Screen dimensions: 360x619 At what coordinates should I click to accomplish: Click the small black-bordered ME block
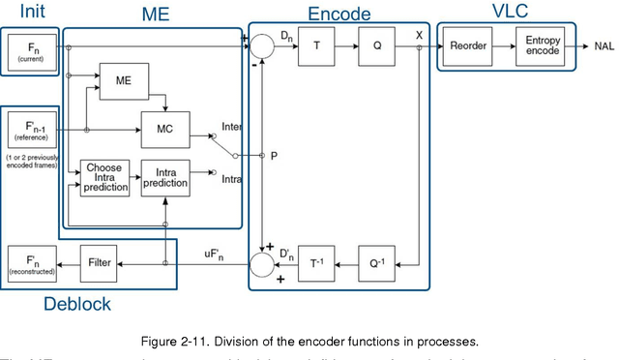coord(122,79)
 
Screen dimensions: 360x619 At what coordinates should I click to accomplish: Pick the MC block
coord(163,129)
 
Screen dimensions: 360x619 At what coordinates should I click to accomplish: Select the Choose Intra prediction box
coord(103,179)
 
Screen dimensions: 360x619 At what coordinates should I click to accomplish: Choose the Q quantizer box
coord(376,45)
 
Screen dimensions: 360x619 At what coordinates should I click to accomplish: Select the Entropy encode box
coord(543,45)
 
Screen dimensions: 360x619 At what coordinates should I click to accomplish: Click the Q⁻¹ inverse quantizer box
coord(376,262)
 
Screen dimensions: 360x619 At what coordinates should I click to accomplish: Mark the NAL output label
coord(604,45)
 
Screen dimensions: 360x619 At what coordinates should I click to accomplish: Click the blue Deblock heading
coord(77,304)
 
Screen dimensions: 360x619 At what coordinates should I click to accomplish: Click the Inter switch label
coord(232,126)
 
